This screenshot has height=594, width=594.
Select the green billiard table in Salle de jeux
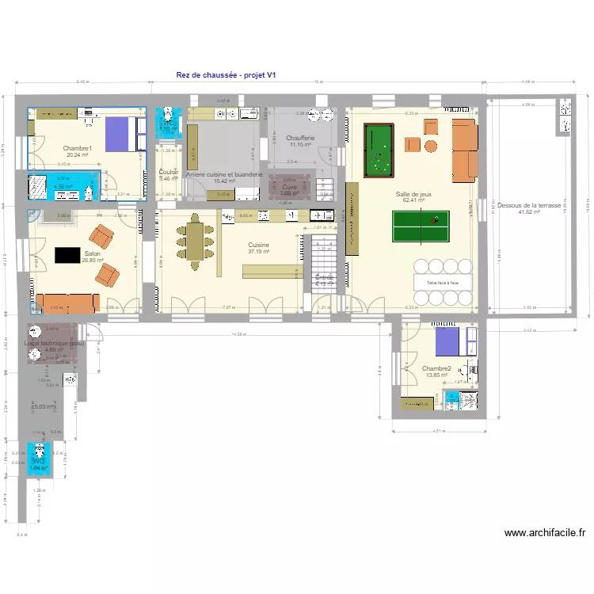point(377,150)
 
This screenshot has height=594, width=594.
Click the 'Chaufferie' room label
point(301,138)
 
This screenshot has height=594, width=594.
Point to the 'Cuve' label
point(289,187)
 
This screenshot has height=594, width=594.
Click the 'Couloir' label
point(168,172)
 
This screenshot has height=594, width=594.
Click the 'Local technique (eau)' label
point(54,343)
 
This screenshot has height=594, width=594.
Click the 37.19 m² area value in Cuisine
point(258,252)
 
